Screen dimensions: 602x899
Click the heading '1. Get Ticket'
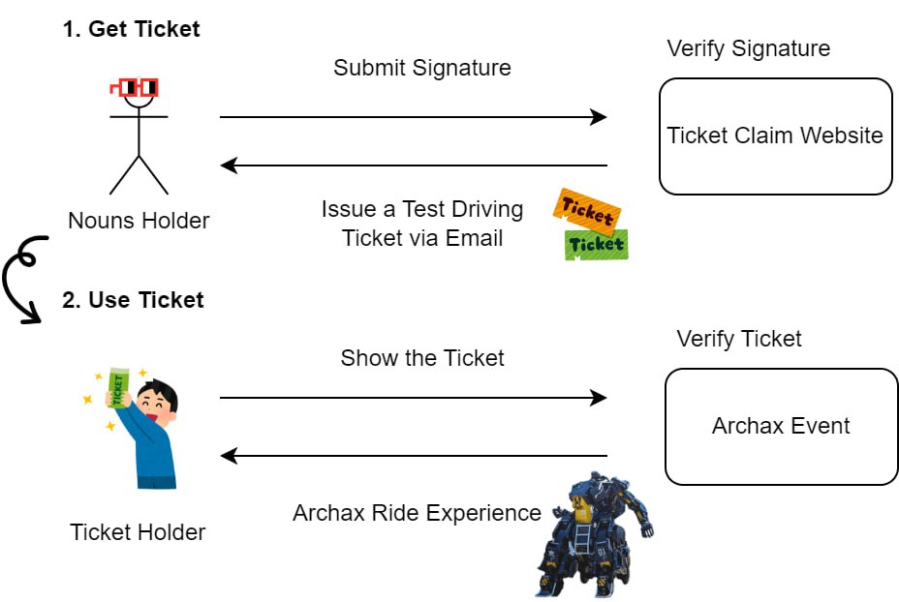[131, 29]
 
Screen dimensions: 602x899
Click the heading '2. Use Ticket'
[133, 300]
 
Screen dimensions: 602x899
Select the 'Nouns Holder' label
[139, 221]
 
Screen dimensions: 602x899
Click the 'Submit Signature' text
[421, 68]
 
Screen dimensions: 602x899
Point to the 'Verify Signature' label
[748, 48]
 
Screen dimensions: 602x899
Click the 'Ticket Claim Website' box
[775, 135]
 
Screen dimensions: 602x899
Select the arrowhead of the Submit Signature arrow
[599, 117]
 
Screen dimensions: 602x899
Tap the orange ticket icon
[586, 209]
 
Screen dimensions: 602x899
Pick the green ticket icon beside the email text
[596, 244]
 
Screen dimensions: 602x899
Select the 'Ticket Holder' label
[138, 531]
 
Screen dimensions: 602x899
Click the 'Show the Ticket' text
[422, 358]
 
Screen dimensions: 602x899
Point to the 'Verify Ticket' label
[739, 339]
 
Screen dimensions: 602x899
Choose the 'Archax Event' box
[781, 426]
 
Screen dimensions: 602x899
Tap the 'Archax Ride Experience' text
[417, 513]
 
